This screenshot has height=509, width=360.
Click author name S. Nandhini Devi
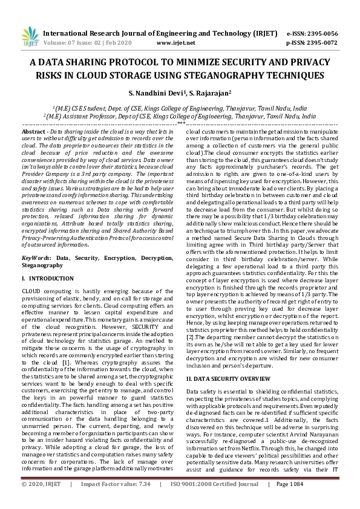156,94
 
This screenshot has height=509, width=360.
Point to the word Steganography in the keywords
43,265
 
